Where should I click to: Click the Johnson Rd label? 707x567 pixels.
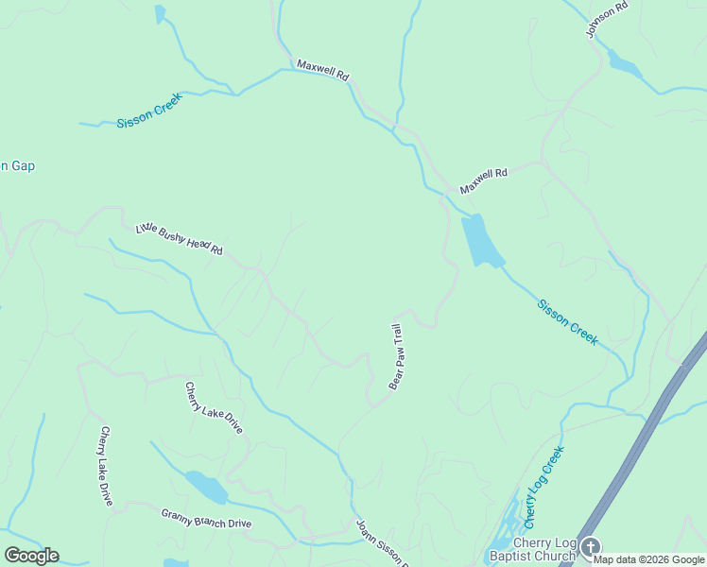coord(607,19)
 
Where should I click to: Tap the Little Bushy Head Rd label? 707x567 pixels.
coord(179,238)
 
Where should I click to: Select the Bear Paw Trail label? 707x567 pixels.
coord(397,356)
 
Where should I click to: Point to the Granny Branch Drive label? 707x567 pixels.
coord(206,518)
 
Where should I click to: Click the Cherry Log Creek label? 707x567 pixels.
coord(543,487)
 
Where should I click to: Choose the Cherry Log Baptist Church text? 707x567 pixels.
coord(531,549)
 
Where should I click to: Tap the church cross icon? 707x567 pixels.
coord(590,547)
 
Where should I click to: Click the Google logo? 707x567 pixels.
coord(31,556)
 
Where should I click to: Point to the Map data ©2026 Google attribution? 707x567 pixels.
coord(649,560)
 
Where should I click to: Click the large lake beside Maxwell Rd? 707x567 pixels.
coord(481,240)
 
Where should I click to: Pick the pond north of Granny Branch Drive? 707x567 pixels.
coord(207,488)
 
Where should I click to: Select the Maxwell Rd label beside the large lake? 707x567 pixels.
coord(484,180)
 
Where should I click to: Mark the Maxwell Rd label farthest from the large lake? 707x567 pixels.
coord(323,69)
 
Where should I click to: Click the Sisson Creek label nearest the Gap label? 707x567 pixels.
coord(148,116)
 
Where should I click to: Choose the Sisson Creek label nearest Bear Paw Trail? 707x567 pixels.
coord(566,321)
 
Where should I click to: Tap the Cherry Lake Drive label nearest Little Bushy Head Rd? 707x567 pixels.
coord(214,407)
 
